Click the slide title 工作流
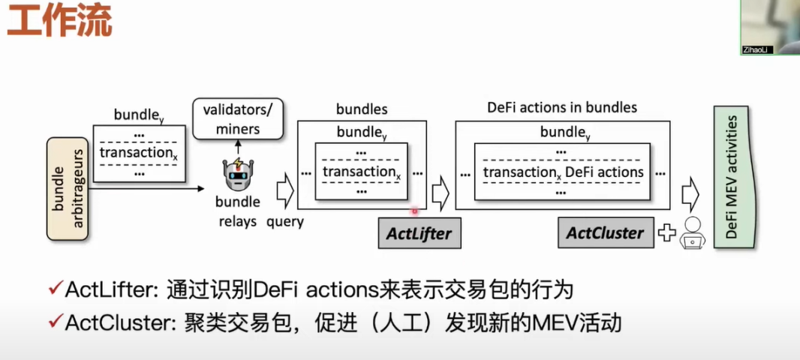click(x=59, y=22)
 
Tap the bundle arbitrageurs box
click(x=67, y=188)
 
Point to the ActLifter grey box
click(x=419, y=233)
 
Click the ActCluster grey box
click(x=605, y=232)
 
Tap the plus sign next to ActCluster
click(x=666, y=233)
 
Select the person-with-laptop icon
click(x=692, y=232)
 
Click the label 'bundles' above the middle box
click(x=362, y=109)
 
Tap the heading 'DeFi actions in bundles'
click(x=562, y=107)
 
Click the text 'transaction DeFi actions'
click(x=563, y=172)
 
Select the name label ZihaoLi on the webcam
click(x=756, y=49)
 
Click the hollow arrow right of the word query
click(x=285, y=190)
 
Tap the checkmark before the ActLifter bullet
click(x=55, y=289)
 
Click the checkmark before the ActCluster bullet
click(x=55, y=323)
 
